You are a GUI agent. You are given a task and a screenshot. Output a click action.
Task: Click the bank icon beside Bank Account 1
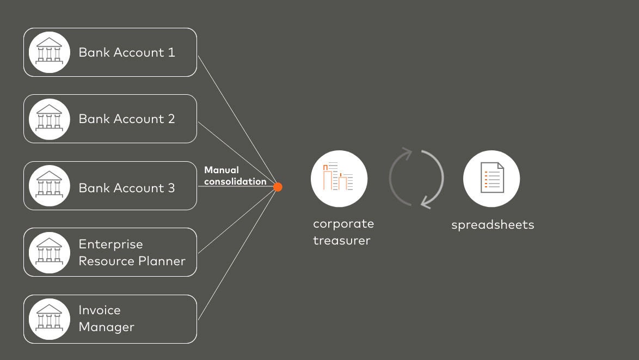50,52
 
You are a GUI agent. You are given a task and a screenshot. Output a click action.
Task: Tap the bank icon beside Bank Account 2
50,119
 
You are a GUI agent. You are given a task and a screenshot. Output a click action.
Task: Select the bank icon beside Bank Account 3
50,186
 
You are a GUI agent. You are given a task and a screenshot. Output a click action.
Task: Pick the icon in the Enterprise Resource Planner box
50,252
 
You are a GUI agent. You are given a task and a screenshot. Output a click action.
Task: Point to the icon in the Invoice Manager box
50,319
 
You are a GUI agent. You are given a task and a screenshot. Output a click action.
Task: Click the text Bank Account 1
127,52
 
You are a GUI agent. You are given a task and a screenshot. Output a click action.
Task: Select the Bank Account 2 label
127,119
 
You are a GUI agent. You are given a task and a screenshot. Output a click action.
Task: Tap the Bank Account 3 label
127,188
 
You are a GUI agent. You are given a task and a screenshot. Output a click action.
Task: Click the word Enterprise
110,245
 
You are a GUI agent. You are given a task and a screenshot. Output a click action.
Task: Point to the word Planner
161,261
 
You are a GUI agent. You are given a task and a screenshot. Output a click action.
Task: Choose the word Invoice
100,310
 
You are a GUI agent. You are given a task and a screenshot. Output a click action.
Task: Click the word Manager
106,327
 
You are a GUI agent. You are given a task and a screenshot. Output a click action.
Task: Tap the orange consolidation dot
278,187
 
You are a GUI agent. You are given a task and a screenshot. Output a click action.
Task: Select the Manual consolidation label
235,176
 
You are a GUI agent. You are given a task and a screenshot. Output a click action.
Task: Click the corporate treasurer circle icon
339,179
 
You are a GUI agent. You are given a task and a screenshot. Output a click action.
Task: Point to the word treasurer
341,240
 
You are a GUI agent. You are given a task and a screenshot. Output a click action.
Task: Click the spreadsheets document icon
491,179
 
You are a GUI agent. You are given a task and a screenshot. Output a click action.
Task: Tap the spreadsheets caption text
493,224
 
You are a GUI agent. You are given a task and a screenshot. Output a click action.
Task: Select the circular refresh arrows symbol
416,178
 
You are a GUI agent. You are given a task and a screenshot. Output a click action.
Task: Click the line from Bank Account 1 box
237,120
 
